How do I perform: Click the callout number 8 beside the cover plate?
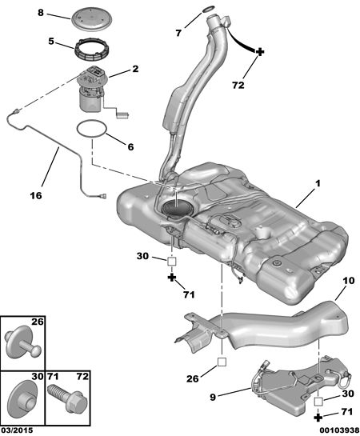[41, 13]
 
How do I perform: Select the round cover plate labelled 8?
[92, 18]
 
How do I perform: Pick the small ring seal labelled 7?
[209, 10]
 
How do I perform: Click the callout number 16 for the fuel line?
[36, 195]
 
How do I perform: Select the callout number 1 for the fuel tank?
[318, 183]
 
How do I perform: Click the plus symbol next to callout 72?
[259, 52]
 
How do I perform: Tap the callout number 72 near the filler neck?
[238, 85]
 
